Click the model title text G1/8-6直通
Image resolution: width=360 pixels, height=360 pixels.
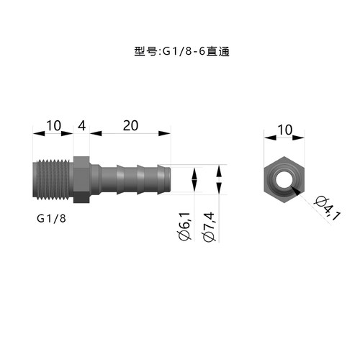click(196, 52)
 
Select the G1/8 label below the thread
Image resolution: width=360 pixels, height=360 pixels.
click(51, 218)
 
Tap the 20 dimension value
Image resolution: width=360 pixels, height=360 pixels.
click(130, 125)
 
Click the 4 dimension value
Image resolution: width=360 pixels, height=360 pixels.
click(81, 126)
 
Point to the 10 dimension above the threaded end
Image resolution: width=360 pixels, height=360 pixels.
click(53, 125)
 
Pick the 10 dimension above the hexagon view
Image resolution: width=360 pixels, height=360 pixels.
click(285, 130)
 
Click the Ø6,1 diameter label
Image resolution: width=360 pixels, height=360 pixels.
click(185, 226)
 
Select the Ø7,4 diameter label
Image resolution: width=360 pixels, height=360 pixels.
click(208, 227)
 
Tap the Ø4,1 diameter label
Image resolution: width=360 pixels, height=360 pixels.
click(328, 208)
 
